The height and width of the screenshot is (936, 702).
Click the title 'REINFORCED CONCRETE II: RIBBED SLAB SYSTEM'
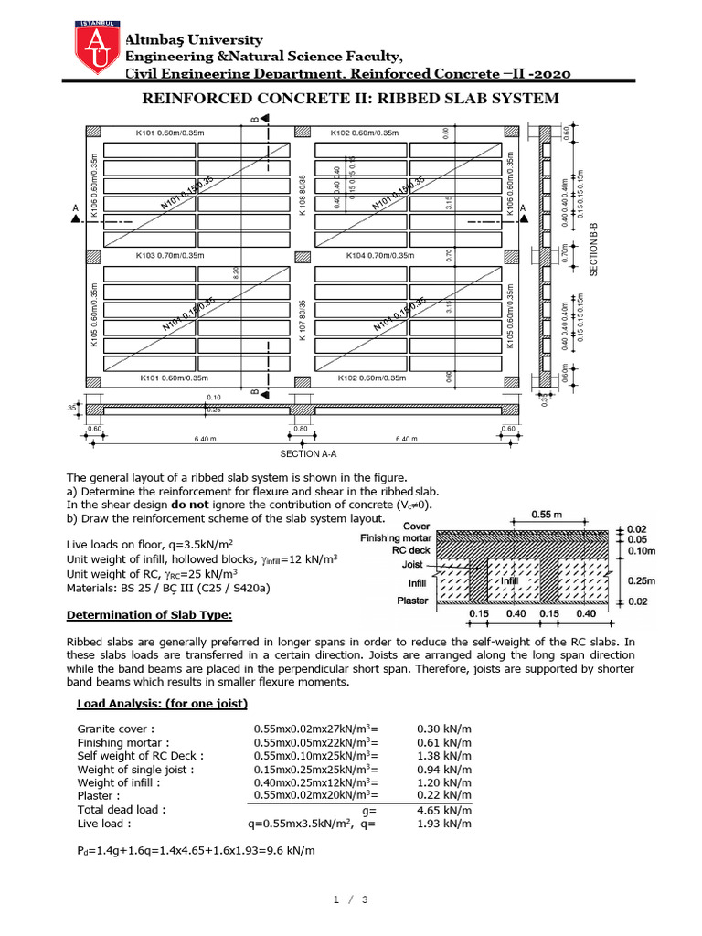(350, 99)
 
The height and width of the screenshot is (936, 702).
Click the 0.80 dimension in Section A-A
(301, 428)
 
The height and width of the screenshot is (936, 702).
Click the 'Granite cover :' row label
(116, 729)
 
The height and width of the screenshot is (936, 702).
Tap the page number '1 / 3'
(350, 900)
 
